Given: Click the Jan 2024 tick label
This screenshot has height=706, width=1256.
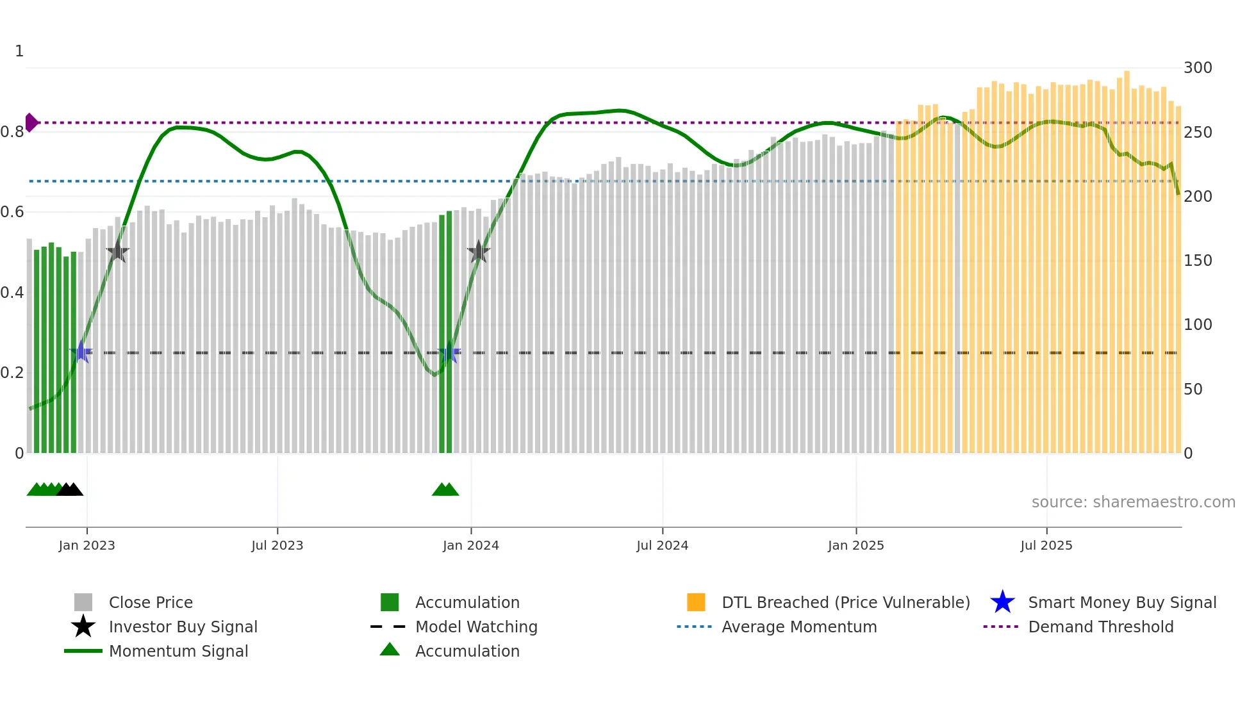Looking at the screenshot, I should (470, 545).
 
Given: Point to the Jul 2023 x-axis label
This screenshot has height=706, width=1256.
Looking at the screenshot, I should (277, 545).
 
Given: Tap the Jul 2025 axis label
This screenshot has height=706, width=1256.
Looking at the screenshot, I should (1046, 545).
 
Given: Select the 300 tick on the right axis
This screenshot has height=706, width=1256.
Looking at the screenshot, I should (1198, 68).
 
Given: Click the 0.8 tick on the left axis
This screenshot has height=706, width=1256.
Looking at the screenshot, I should (12, 132).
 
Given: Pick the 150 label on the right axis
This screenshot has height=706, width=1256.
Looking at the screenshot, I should (1198, 261).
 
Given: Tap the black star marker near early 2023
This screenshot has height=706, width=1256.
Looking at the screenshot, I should (117, 252).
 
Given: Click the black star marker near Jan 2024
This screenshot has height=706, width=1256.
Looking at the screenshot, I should (478, 252).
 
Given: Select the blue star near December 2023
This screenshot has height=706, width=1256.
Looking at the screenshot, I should (449, 353).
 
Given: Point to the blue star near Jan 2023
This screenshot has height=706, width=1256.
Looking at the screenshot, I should (81, 352).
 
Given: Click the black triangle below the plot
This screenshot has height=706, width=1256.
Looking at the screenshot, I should (70, 489).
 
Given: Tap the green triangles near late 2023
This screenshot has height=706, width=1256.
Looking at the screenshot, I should (445, 489).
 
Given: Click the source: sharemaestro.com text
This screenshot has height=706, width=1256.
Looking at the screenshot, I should (1133, 502).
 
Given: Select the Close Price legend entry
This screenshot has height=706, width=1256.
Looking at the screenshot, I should (151, 602).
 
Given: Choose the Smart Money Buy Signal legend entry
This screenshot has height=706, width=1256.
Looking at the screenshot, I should (1121, 602).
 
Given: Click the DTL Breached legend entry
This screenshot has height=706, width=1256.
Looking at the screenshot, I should (845, 602).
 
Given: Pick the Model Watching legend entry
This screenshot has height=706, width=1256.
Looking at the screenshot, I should (475, 627).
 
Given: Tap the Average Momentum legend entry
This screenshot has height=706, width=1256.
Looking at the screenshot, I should (798, 627).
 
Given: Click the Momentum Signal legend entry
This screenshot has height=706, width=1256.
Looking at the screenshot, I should (178, 651).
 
